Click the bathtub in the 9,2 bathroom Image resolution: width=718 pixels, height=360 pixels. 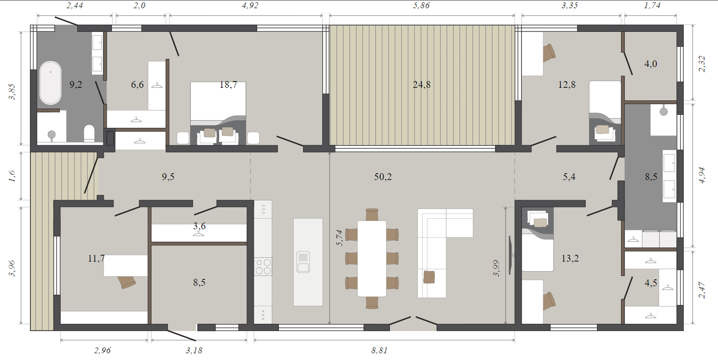point(50,83)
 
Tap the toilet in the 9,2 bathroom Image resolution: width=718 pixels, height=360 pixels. point(89,133)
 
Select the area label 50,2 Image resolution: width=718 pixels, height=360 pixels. point(383,177)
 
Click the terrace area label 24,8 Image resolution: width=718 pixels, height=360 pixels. point(422,84)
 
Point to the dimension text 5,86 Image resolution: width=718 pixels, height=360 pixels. point(421,5)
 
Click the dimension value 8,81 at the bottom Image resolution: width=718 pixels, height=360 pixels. point(380,350)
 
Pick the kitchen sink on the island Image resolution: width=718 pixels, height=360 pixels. point(303,262)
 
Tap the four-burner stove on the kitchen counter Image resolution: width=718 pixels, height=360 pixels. point(263,267)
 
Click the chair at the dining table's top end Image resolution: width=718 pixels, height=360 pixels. point(372,215)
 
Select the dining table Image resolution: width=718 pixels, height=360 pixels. point(372,258)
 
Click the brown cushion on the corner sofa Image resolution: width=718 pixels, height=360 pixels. point(429,277)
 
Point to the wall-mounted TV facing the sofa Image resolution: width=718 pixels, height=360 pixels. point(511,255)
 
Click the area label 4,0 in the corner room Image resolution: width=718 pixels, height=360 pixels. point(650,64)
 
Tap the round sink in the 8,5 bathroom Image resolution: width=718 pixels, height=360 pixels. point(663,111)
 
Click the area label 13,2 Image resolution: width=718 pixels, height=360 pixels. point(570,258)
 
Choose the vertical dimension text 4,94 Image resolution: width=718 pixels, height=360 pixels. point(702,175)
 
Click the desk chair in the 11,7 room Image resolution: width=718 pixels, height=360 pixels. point(126,282)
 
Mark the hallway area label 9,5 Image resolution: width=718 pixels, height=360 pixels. point(168,177)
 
